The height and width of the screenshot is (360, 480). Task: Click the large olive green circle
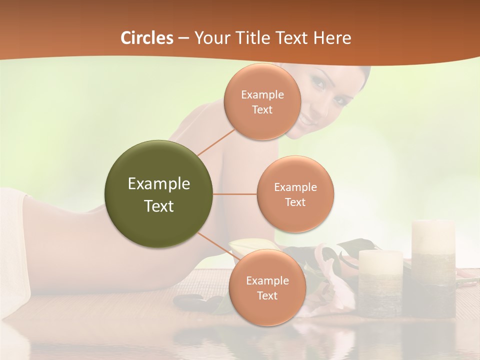coord(159,194)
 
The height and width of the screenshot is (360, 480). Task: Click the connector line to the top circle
coord(216,141)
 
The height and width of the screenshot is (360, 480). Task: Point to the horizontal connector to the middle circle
coord(235,194)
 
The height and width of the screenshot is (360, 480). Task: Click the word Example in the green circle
coord(159,184)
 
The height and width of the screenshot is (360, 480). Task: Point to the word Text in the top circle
coord(262,110)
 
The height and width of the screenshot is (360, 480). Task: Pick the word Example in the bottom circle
coord(267,280)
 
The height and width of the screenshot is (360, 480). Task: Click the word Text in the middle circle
coord(295,202)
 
